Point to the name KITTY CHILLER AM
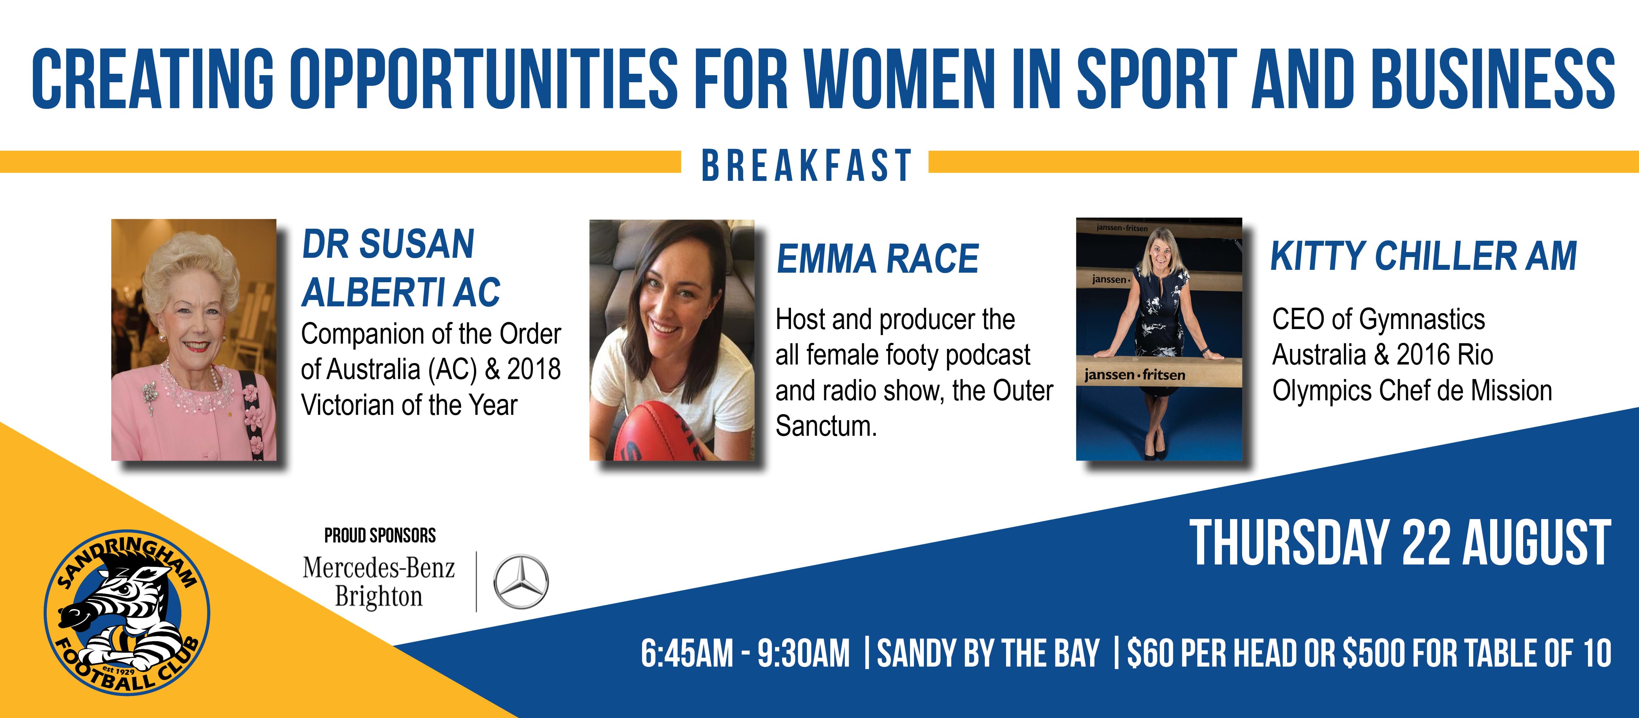(x=1423, y=256)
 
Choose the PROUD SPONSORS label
(x=380, y=535)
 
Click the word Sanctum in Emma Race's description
(x=826, y=426)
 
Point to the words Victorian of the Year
(x=409, y=405)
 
